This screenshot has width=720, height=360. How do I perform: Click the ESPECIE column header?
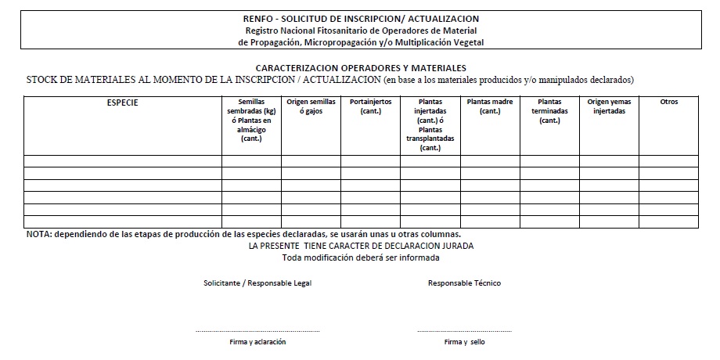[122, 102]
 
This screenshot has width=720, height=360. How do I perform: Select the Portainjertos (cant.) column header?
[370, 106]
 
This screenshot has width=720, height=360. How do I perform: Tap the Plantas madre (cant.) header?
[490, 106]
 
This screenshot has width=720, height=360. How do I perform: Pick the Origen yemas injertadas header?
[609, 106]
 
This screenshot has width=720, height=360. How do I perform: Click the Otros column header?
[668, 102]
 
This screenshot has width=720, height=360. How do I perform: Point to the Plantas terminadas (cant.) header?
[549, 111]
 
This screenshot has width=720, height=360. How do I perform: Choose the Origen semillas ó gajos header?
[311, 106]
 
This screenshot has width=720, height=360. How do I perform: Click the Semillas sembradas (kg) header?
[251, 120]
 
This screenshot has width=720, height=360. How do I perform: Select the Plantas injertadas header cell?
[430, 124]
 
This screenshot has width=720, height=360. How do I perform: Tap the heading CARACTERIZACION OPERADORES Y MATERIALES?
[361, 68]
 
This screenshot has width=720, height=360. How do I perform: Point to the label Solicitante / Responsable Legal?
[257, 283]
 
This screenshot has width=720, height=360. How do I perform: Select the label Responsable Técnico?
[464, 283]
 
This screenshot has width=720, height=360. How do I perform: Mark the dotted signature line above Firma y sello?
[464, 331]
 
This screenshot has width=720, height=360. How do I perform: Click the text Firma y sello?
[464, 342]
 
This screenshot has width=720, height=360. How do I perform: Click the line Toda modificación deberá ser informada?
[361, 257]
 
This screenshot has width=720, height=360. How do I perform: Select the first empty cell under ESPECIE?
[122, 161]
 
